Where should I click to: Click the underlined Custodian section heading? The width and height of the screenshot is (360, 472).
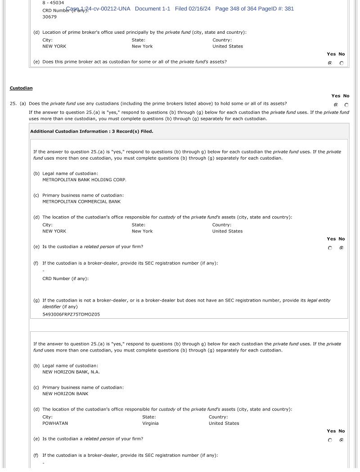(x=21, y=88)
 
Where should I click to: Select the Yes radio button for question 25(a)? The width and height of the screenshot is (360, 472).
(x=336, y=105)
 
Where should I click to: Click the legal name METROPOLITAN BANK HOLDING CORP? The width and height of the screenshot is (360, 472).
(x=84, y=180)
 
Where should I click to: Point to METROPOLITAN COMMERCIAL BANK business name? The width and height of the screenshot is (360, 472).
(x=81, y=202)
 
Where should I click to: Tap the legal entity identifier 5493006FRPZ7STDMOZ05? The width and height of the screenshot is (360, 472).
(x=71, y=315)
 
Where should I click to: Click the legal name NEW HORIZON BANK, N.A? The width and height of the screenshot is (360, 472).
(x=71, y=372)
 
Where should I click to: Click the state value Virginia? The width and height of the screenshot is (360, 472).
(x=150, y=423)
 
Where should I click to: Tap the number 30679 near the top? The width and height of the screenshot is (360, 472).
(x=49, y=17)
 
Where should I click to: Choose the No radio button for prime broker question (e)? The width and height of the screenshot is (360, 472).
(x=342, y=63)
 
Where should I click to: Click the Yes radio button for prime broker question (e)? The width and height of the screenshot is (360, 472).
(x=330, y=63)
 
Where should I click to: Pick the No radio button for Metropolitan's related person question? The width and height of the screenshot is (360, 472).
(x=342, y=248)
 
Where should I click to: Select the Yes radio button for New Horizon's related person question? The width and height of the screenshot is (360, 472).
(x=330, y=440)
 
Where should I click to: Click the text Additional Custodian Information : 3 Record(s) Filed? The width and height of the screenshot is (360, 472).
(x=92, y=132)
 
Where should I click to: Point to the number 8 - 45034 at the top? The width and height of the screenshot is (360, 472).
(x=53, y=3)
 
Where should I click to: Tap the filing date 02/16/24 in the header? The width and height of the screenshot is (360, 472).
(x=199, y=9)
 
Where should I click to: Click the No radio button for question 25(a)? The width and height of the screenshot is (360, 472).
(x=346, y=105)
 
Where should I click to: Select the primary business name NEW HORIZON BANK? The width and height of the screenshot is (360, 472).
(x=65, y=394)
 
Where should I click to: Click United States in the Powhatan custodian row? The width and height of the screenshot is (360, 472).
(x=224, y=423)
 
